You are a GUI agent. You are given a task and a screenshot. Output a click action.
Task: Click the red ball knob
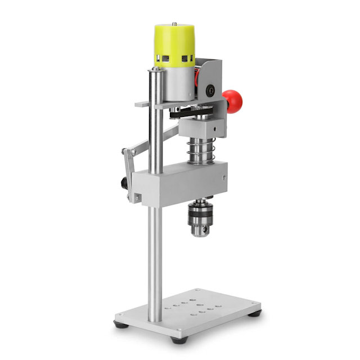(x=232, y=101)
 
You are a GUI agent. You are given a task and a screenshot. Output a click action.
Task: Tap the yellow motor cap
(x=174, y=44)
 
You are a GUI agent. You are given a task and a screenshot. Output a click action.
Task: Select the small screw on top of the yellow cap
(x=174, y=24)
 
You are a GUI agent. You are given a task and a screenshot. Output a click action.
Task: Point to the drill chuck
(x=199, y=220)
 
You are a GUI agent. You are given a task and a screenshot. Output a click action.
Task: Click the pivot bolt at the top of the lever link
(x=125, y=152)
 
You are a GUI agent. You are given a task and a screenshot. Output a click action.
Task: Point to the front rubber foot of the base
(x=179, y=339)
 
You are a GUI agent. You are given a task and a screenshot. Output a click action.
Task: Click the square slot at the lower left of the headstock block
(x=137, y=197)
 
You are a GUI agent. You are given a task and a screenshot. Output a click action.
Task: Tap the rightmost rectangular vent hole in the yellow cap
(x=189, y=58)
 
